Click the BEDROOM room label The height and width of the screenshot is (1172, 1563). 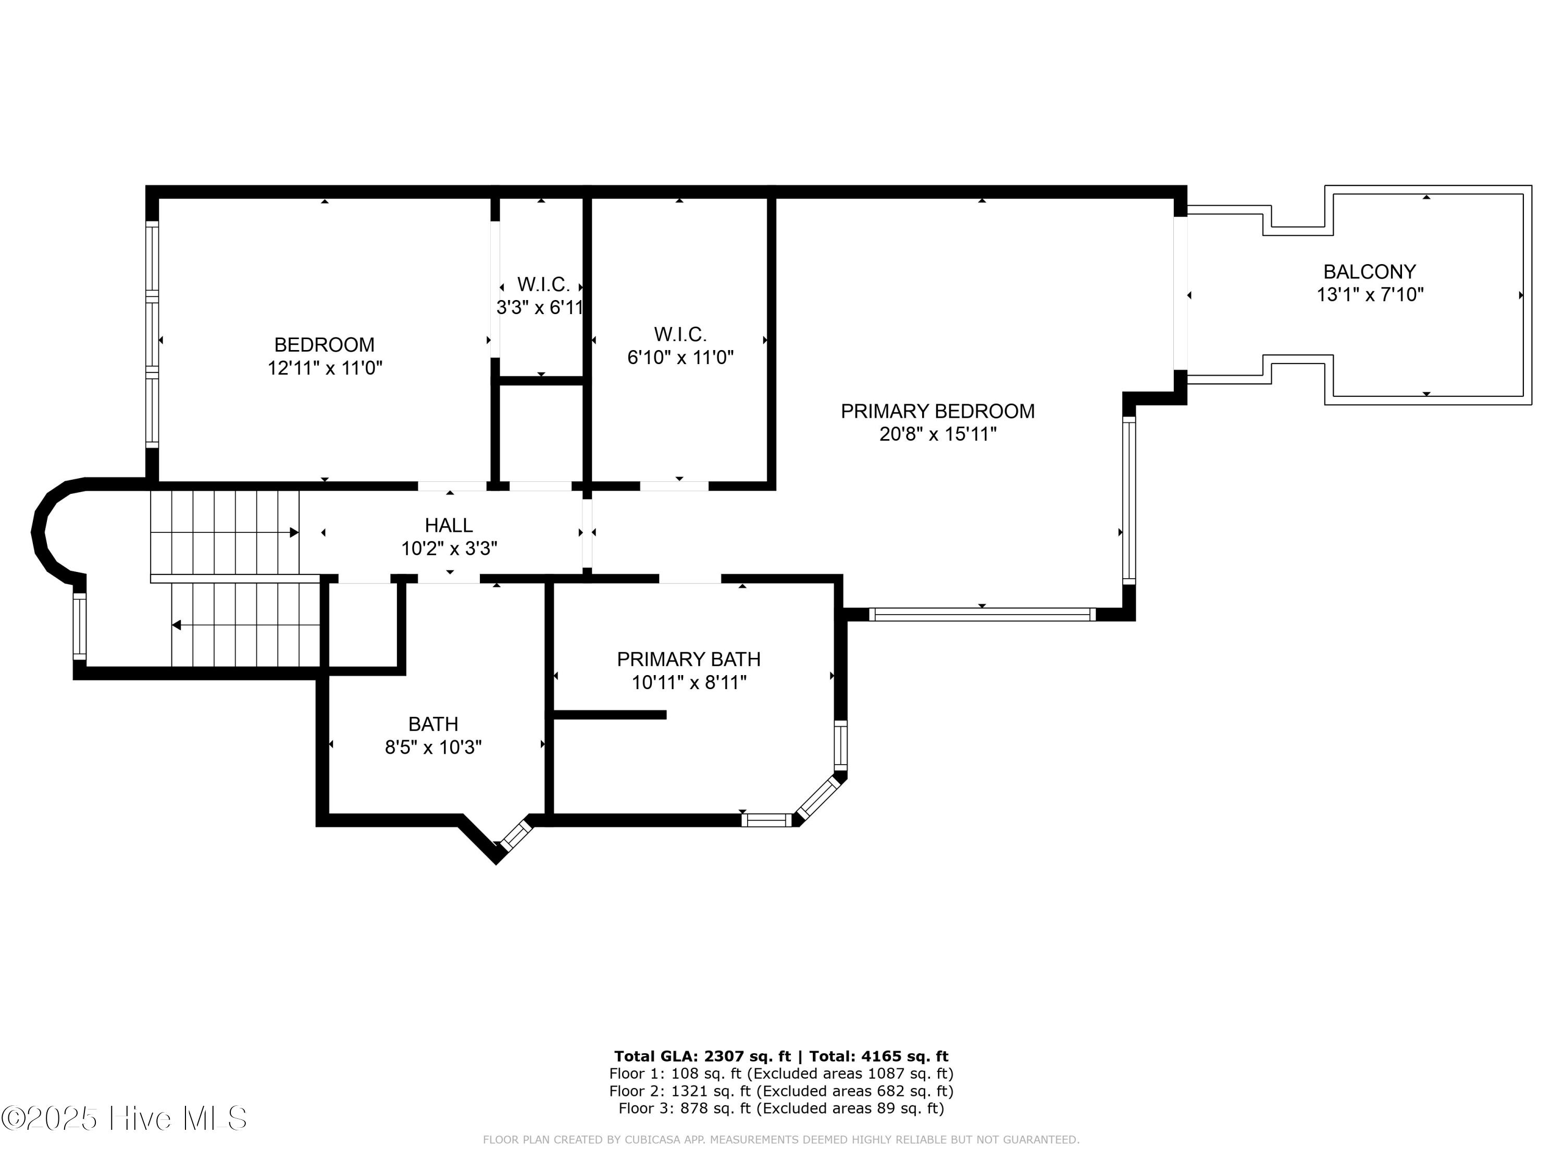pyautogui.click(x=325, y=345)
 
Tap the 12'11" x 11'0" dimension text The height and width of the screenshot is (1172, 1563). pyautogui.click(x=325, y=368)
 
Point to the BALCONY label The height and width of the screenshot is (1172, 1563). pyautogui.click(x=1369, y=272)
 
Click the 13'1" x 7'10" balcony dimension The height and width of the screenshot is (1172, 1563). pyautogui.click(x=1369, y=295)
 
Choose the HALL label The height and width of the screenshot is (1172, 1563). pyautogui.click(x=449, y=526)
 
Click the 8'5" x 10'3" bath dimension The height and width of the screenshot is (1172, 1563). pyautogui.click(x=433, y=747)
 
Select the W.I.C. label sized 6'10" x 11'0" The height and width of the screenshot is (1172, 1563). pyautogui.click(x=680, y=334)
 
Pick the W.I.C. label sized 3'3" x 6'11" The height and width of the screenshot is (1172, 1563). pyautogui.click(x=543, y=285)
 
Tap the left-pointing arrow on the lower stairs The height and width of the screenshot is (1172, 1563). pyautogui.click(x=177, y=625)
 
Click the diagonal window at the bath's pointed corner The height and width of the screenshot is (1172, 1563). pyautogui.click(x=515, y=835)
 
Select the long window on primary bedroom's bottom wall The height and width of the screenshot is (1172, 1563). pyautogui.click(x=982, y=615)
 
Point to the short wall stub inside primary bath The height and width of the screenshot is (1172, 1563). pyautogui.click(x=610, y=715)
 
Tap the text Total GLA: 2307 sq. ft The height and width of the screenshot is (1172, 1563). pyautogui.click(x=702, y=1056)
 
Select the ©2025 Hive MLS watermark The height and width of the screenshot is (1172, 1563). pyautogui.click(x=123, y=1118)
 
